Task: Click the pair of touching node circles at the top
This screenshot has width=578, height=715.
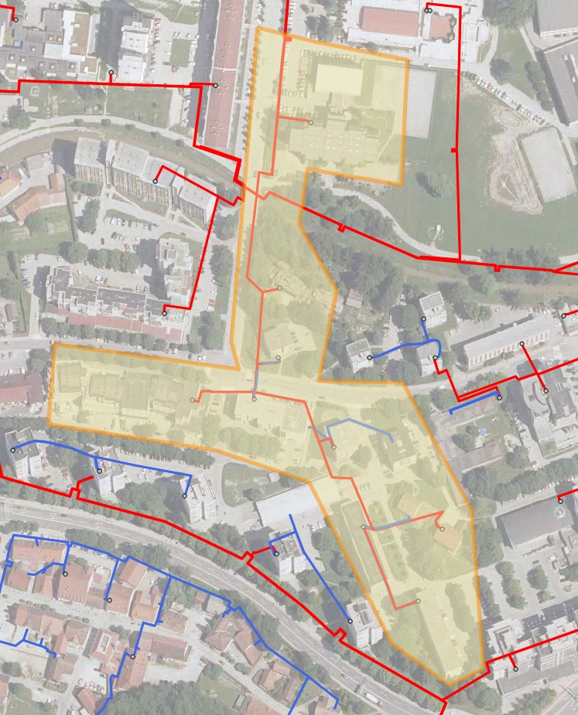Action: [x=428, y=11]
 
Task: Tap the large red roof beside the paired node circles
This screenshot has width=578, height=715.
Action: [x=390, y=22]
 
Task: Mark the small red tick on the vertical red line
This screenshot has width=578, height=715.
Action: [x=453, y=149]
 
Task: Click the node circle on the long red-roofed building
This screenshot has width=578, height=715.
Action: [x=215, y=85]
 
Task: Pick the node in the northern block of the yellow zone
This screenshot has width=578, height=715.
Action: [x=310, y=122]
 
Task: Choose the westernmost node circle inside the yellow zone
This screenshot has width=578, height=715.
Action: [x=193, y=400]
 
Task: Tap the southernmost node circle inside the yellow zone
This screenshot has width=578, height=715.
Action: [x=418, y=601]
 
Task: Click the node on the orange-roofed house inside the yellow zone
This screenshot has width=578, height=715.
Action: [x=442, y=529]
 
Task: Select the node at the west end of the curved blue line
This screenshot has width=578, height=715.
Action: [x=370, y=357]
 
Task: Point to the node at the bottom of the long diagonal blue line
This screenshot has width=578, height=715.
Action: [x=350, y=621]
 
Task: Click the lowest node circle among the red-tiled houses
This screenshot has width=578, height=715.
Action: [x=133, y=656]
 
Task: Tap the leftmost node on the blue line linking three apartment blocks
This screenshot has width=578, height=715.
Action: [x=12, y=450]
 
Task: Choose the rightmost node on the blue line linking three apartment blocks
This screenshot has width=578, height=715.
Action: [x=185, y=495]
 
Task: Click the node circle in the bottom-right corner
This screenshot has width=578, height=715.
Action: [x=515, y=669]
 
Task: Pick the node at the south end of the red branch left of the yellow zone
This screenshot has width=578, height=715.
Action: [x=165, y=313]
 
